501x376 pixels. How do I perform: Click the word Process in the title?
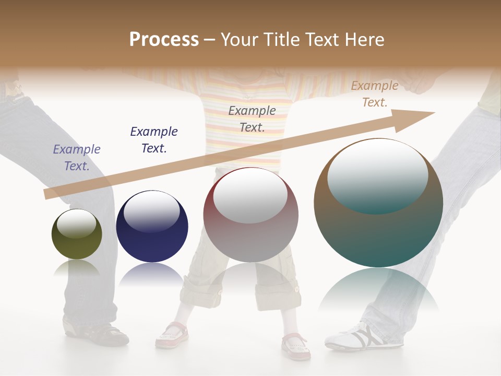164,39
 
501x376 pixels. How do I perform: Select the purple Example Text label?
77,158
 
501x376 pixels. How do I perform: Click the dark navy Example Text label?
154,140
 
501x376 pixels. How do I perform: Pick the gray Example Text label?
252,119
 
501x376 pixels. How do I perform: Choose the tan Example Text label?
375,94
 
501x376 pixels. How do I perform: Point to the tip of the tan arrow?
433,113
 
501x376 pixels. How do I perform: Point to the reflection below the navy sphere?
152,274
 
